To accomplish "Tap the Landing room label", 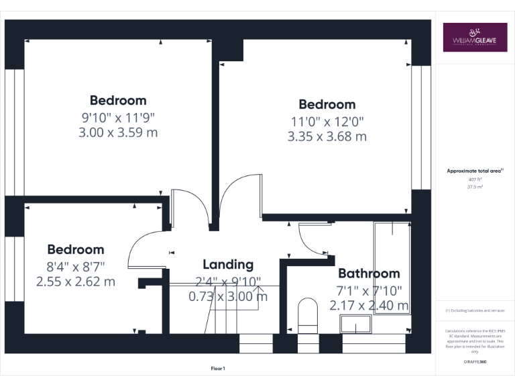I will point(228,265).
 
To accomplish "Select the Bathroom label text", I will point(369,273).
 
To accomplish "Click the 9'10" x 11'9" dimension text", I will point(118,117).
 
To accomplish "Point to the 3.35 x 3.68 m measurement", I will point(327,136).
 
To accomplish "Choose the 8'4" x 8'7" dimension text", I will point(75,266).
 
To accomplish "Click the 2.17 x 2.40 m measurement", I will point(369,305).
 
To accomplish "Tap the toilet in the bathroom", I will point(308,314).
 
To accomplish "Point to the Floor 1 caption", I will point(218,368).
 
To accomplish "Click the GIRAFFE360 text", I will point(474,361).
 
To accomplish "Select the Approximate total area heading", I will point(474,171).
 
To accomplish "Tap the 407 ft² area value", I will point(474,180).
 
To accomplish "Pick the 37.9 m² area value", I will point(474,187).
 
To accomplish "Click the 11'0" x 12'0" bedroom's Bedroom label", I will point(327,105).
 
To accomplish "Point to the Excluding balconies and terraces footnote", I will point(474,310).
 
